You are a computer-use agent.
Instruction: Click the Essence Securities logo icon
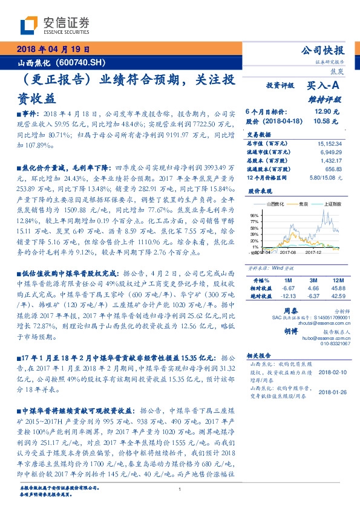pyautogui.click(x=29, y=24)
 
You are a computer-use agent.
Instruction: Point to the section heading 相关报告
pyautogui.click(x=258, y=357)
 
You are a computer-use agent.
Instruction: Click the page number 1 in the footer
pyautogui.click(x=180, y=490)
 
